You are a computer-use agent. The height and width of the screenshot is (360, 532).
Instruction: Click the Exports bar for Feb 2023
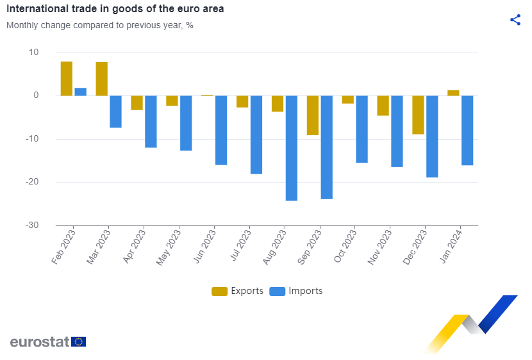[x=67, y=79]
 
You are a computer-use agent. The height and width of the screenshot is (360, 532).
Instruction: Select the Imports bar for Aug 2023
[x=292, y=148]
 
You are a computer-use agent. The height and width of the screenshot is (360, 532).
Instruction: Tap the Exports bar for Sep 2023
[x=313, y=115]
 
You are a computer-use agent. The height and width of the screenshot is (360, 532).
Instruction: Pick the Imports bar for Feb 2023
[x=81, y=92]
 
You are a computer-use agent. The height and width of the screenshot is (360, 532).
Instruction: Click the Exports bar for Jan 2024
[x=453, y=93]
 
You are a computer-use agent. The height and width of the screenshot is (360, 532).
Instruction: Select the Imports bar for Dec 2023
[x=432, y=136]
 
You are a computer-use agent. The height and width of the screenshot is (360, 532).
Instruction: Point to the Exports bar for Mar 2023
[x=102, y=79]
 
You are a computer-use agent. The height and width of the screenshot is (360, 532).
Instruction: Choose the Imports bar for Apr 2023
[x=151, y=122]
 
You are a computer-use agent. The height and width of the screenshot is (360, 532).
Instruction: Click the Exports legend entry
[x=237, y=291]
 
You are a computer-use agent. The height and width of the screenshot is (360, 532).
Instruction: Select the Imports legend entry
[x=296, y=291]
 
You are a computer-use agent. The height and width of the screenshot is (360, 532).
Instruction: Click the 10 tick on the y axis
[x=33, y=53]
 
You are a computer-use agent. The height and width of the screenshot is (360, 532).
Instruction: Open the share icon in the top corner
[x=515, y=20]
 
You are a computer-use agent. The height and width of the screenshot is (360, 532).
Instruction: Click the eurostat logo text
[x=40, y=341]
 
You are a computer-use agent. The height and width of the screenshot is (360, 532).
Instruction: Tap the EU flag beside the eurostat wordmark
[x=79, y=341]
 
